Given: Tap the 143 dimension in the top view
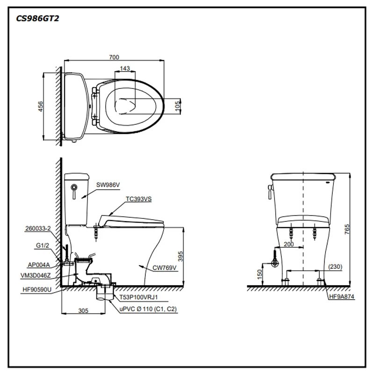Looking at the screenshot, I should coord(125,68).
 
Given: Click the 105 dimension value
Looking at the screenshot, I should coord(177,105).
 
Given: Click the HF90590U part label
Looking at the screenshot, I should coord(36,290).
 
